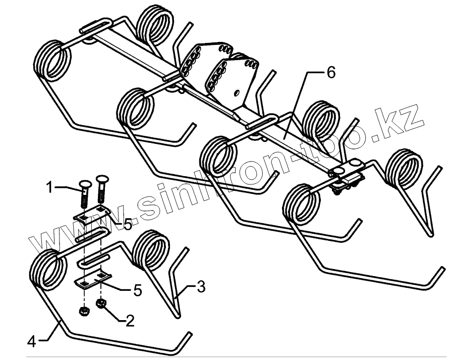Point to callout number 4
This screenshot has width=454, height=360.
coord(32,341)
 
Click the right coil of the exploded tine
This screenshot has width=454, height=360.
coord(148,250)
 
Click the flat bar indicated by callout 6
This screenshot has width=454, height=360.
coord(285,134)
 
